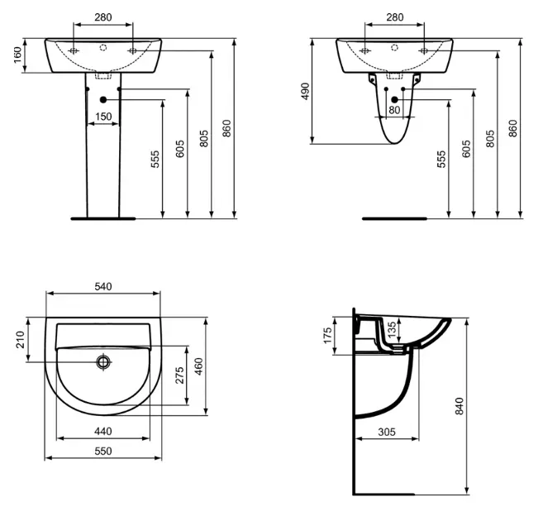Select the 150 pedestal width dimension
(102, 117)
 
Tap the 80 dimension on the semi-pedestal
(394, 109)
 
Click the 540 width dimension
(103, 286)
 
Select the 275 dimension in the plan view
(177, 375)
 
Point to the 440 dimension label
(102, 432)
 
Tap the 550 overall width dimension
(102, 452)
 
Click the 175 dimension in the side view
(328, 336)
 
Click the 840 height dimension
(460, 405)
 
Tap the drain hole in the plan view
(103, 361)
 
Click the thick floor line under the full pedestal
(102, 219)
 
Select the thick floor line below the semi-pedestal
(394, 219)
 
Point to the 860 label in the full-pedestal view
(228, 129)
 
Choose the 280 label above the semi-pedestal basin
(394, 17)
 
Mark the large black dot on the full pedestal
(103, 100)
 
